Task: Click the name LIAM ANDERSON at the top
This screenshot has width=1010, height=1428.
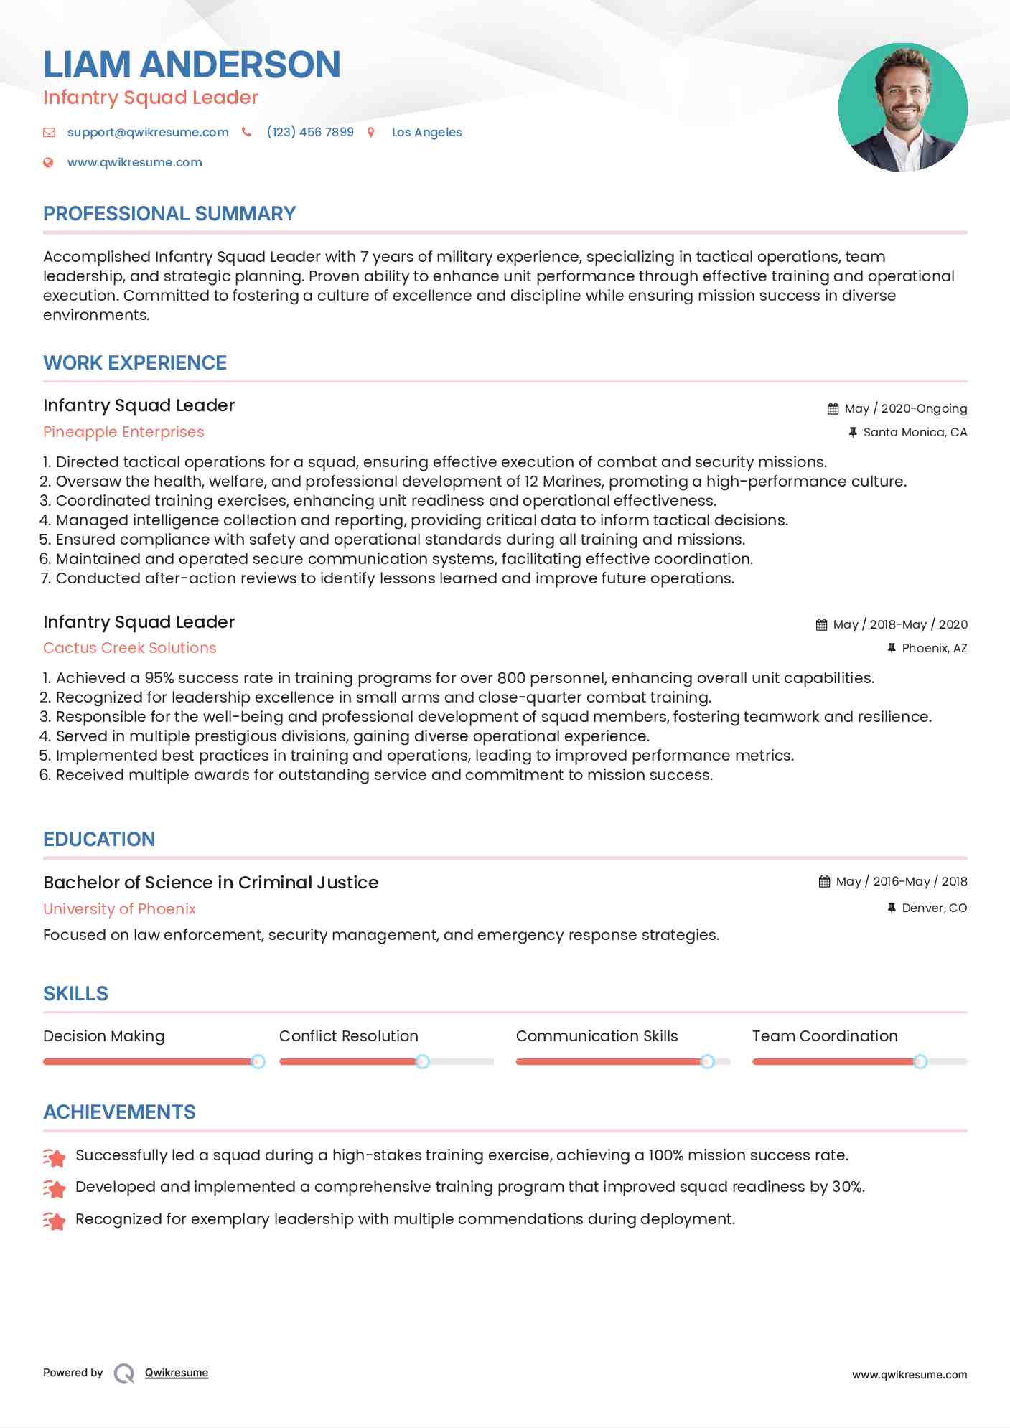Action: coord(192,65)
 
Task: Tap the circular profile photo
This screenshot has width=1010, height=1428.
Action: coord(902,108)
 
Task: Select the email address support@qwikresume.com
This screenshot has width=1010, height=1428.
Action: coord(148,132)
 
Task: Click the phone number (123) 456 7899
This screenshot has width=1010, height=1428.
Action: coord(310,132)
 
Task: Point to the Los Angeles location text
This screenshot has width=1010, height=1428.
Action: coord(426,132)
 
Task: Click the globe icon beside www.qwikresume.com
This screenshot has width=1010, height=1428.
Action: coord(48,162)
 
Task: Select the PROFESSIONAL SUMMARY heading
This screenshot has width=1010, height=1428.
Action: coord(169,214)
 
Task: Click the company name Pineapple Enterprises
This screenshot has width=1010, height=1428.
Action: coord(123,432)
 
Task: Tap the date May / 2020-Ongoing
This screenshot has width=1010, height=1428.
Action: coord(905,408)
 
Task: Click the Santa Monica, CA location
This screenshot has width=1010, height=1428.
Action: coord(915,432)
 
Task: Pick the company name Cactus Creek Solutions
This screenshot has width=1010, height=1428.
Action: coord(129,648)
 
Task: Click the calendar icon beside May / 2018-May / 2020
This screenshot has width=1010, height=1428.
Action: coord(821,624)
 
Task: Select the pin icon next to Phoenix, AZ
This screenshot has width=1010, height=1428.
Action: coord(891,648)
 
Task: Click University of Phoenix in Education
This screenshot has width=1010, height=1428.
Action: coord(119,909)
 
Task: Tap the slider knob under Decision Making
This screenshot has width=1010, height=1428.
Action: coord(258,1061)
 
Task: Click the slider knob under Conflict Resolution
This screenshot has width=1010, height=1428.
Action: coord(423,1061)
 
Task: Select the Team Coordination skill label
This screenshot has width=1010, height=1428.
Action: coord(825,1036)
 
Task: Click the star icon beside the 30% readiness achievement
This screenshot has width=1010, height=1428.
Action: coord(55,1188)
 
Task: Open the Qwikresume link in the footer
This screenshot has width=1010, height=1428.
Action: coord(177,1373)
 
